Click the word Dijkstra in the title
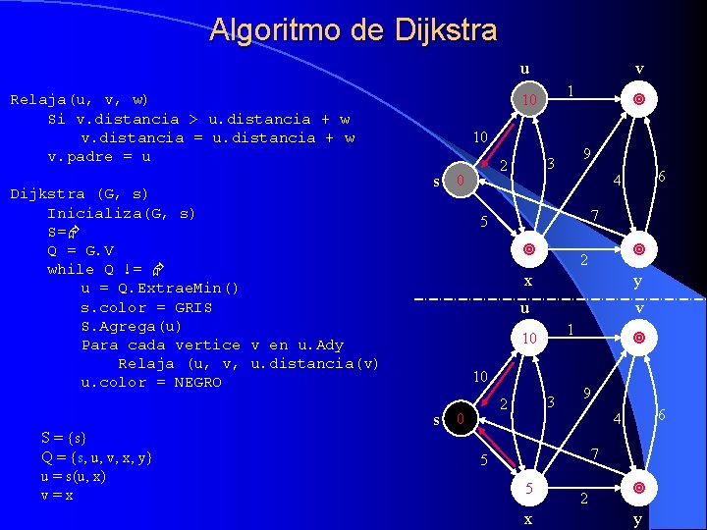click(446, 29)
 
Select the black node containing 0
click(458, 420)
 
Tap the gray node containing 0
click(458, 182)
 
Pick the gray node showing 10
click(528, 101)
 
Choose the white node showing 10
click(528, 339)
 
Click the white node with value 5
click(528, 488)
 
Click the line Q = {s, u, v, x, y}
click(96, 457)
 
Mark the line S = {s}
click(64, 438)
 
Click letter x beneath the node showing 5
click(527, 518)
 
